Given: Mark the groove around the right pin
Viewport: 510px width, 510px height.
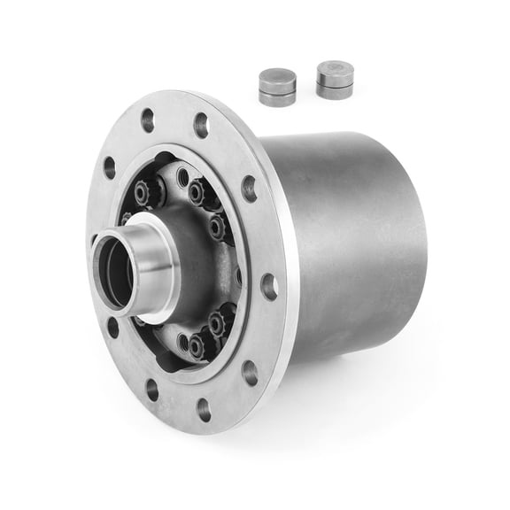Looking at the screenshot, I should click(x=335, y=81).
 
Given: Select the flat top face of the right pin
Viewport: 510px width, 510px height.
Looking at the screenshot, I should click(x=335, y=68).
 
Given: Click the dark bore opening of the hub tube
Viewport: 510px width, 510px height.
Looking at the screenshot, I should click(x=115, y=270).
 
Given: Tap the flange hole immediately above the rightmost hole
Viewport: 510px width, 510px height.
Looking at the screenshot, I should click(x=250, y=188).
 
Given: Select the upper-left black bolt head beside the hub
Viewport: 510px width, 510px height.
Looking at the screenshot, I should click(x=141, y=190).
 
